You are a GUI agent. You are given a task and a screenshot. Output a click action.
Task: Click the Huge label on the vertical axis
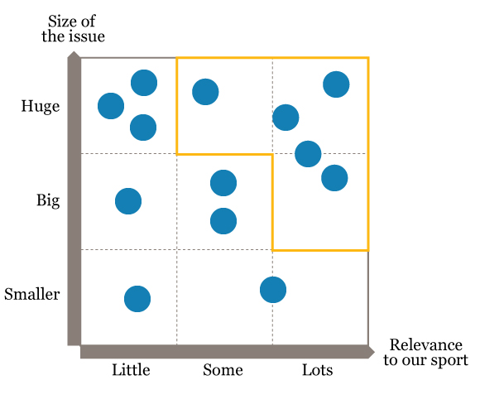(41, 107)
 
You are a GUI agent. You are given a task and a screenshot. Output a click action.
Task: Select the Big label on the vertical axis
(48, 201)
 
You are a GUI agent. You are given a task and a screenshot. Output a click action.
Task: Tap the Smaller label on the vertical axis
(31, 294)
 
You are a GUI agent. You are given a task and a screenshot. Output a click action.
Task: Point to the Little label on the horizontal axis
(131, 370)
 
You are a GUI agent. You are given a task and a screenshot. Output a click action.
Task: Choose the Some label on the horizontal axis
(223, 370)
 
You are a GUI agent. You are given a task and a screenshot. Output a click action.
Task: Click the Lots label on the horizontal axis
(318, 370)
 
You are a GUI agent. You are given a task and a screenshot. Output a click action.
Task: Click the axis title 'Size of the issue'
(73, 29)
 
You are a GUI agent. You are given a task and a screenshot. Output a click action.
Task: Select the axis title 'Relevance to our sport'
(426, 353)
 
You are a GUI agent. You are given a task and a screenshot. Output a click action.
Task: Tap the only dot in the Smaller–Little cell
(137, 299)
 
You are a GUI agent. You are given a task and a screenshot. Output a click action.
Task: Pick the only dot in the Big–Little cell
(128, 201)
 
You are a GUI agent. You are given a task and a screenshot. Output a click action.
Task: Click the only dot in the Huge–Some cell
(205, 92)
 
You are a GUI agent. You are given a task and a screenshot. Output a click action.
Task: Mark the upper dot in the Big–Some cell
(223, 183)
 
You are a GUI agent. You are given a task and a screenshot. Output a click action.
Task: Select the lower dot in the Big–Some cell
(223, 221)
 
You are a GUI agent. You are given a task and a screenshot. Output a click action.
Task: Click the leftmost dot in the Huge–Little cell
(111, 106)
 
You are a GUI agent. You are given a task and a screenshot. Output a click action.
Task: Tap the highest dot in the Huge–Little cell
(144, 83)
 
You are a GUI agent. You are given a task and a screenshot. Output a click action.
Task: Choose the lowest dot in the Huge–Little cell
(143, 128)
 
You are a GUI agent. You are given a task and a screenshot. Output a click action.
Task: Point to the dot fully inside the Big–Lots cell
(334, 178)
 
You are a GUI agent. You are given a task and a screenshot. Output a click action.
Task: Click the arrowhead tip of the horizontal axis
(374, 352)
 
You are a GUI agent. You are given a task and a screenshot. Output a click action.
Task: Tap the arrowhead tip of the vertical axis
(74, 51)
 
